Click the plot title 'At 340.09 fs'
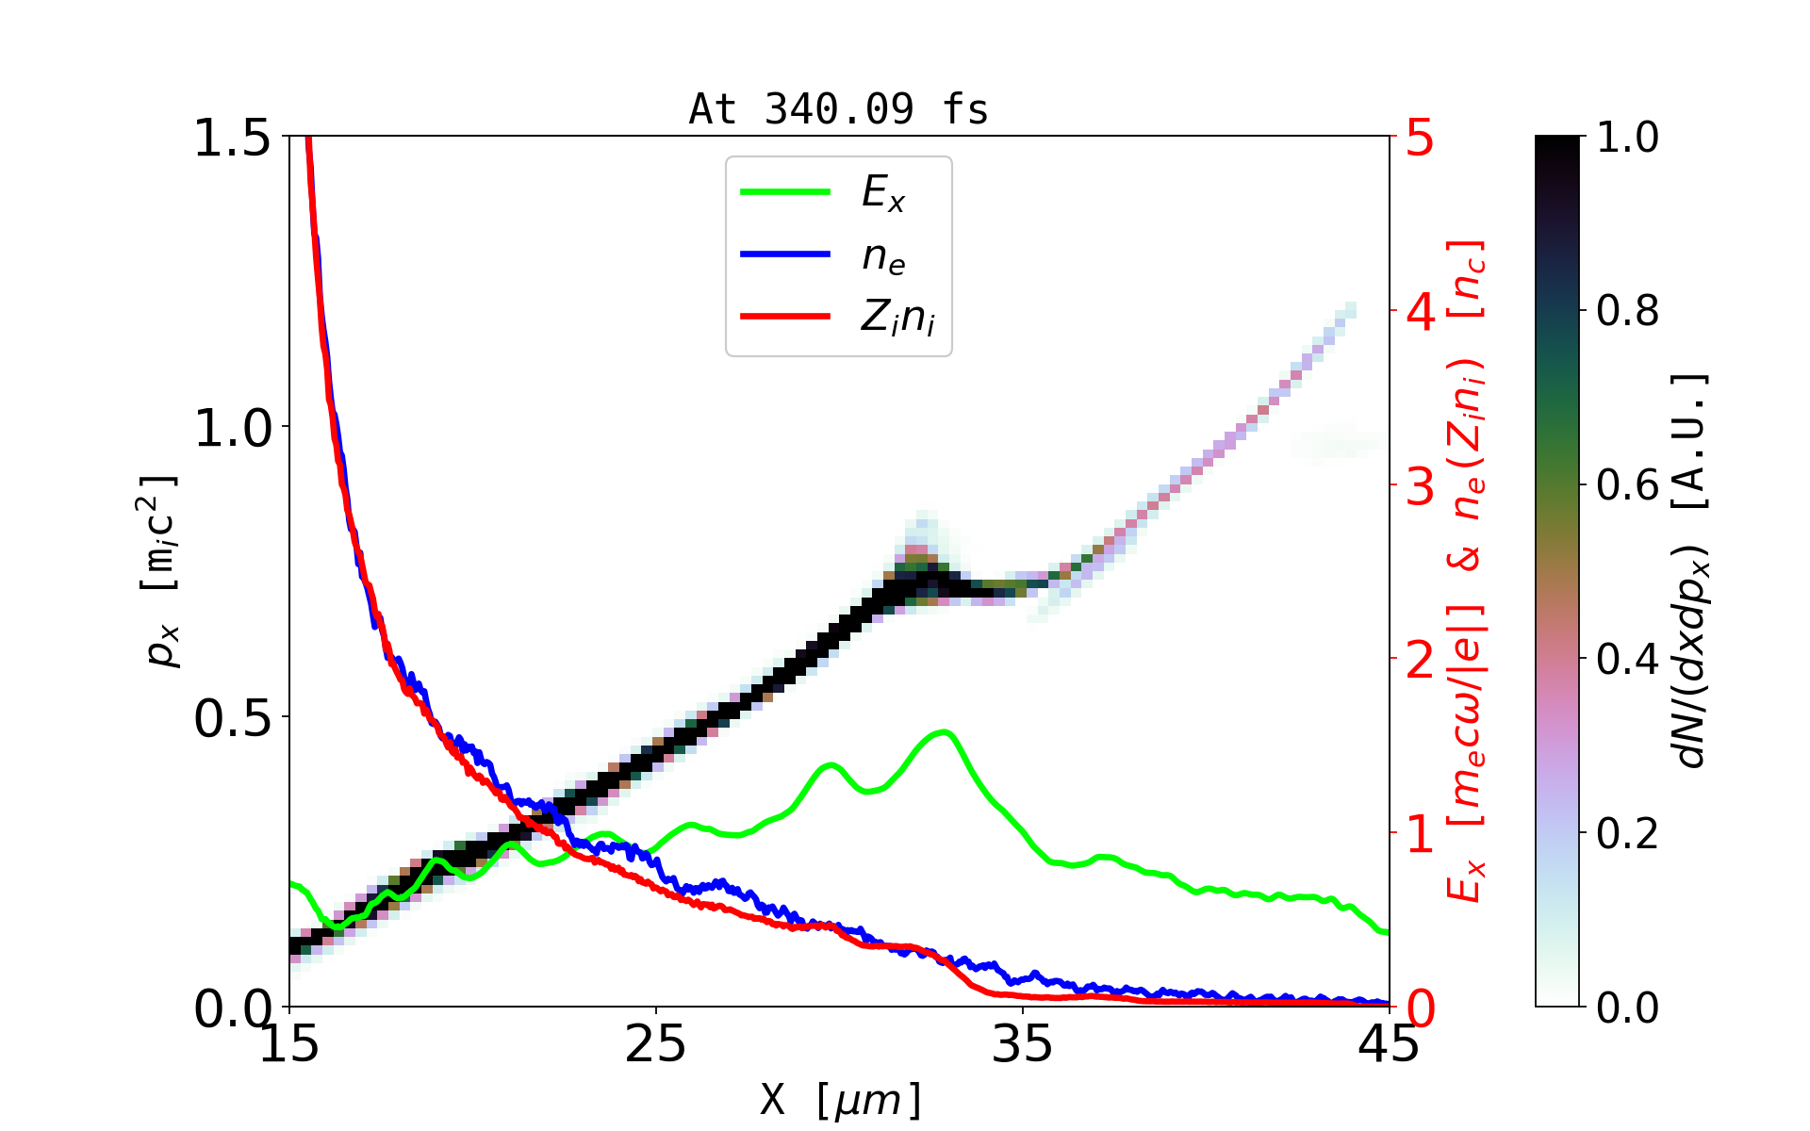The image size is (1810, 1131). coord(838,109)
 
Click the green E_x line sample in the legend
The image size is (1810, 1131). coord(784,192)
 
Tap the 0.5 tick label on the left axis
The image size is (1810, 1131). coord(232,718)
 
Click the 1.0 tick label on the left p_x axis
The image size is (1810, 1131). coord(232,428)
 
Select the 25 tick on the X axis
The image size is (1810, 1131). coord(655,1044)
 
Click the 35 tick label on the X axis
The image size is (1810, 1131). coord(1023,1044)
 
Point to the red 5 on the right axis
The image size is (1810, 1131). coord(1420,139)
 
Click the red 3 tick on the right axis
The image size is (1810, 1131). coord(1420,486)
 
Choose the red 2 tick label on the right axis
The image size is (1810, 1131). coord(1420,660)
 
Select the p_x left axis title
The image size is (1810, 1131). coord(160,570)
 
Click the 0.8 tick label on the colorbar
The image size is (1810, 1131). coord(1627,311)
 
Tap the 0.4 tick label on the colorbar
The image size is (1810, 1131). coord(1627,660)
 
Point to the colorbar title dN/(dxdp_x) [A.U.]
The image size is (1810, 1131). coord(1691,570)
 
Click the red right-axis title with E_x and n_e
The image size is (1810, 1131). coord(1467,570)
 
